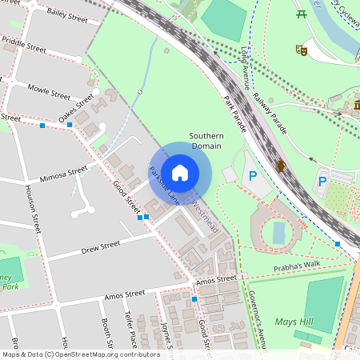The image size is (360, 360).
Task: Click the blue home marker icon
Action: click(180, 172)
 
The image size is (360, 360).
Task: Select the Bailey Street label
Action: click(67, 13)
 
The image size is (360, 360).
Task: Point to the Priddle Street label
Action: click(24, 43)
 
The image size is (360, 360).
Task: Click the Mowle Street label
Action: click(49, 90)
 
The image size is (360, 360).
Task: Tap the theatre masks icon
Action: click(302, 50)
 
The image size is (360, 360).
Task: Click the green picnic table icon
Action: click(302, 14)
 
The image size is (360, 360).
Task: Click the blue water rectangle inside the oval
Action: click(278, 233)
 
